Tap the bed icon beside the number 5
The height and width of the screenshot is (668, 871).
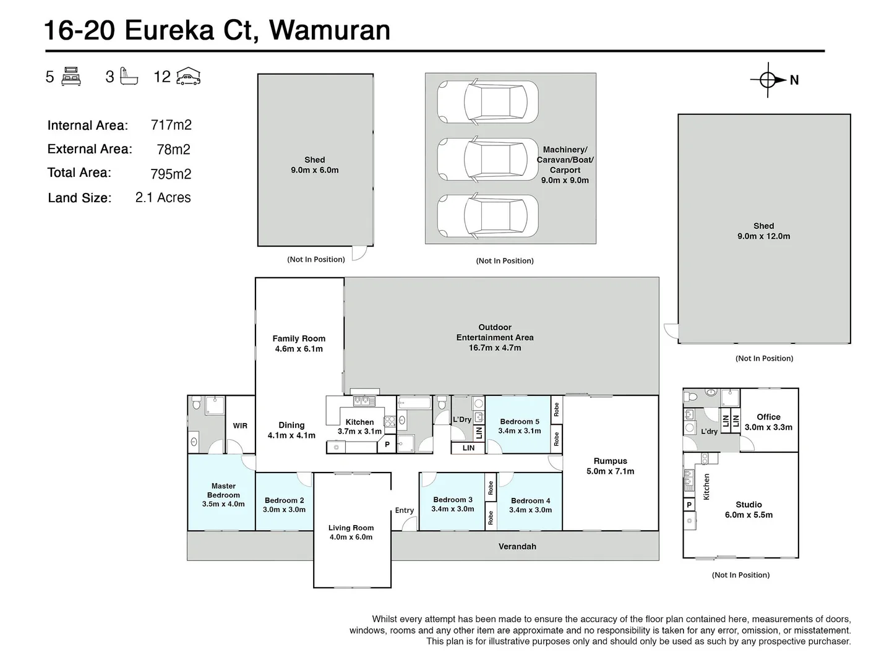[71, 77]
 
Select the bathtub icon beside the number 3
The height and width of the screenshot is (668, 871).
[129, 77]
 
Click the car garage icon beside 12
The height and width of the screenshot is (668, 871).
[188, 77]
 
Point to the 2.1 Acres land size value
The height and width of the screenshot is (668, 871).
[163, 198]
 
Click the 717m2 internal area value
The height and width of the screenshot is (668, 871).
[171, 125]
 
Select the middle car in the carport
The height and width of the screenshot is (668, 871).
[487, 159]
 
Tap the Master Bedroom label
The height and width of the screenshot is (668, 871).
[223, 490]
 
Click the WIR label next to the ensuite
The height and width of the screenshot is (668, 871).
[240, 426]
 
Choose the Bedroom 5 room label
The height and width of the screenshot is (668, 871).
[519, 422]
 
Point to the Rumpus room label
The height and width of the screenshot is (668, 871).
[610, 461]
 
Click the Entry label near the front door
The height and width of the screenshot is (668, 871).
[404, 510]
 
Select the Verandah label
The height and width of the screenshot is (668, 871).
[517, 547]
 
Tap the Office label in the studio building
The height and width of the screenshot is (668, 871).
[768, 417]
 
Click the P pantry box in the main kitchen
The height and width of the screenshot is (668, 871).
[387, 445]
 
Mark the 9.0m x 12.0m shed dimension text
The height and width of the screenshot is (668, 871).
[763, 236]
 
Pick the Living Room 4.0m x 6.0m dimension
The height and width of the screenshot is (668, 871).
[351, 537]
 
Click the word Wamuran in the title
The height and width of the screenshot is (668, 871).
[330, 30]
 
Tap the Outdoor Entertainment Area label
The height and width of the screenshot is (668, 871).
[495, 332]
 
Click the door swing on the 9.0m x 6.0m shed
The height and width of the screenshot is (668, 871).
[358, 254]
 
